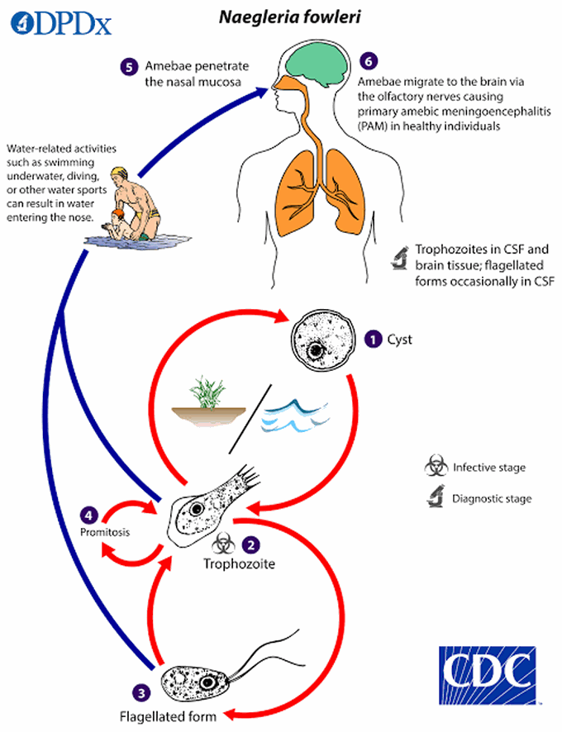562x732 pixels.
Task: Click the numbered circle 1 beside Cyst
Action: (374, 339)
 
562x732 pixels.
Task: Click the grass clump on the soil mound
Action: (202, 390)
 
